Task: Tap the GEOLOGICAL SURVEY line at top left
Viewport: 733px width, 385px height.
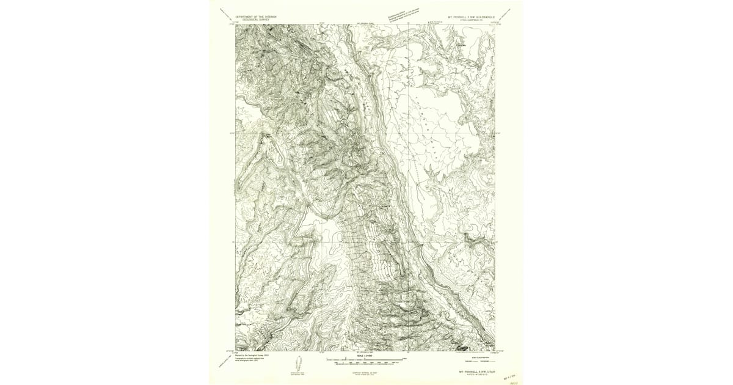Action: [x=255, y=20]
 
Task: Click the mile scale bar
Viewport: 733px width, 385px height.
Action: [x=365, y=360]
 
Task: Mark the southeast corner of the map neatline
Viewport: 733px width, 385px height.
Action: [x=495, y=351]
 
